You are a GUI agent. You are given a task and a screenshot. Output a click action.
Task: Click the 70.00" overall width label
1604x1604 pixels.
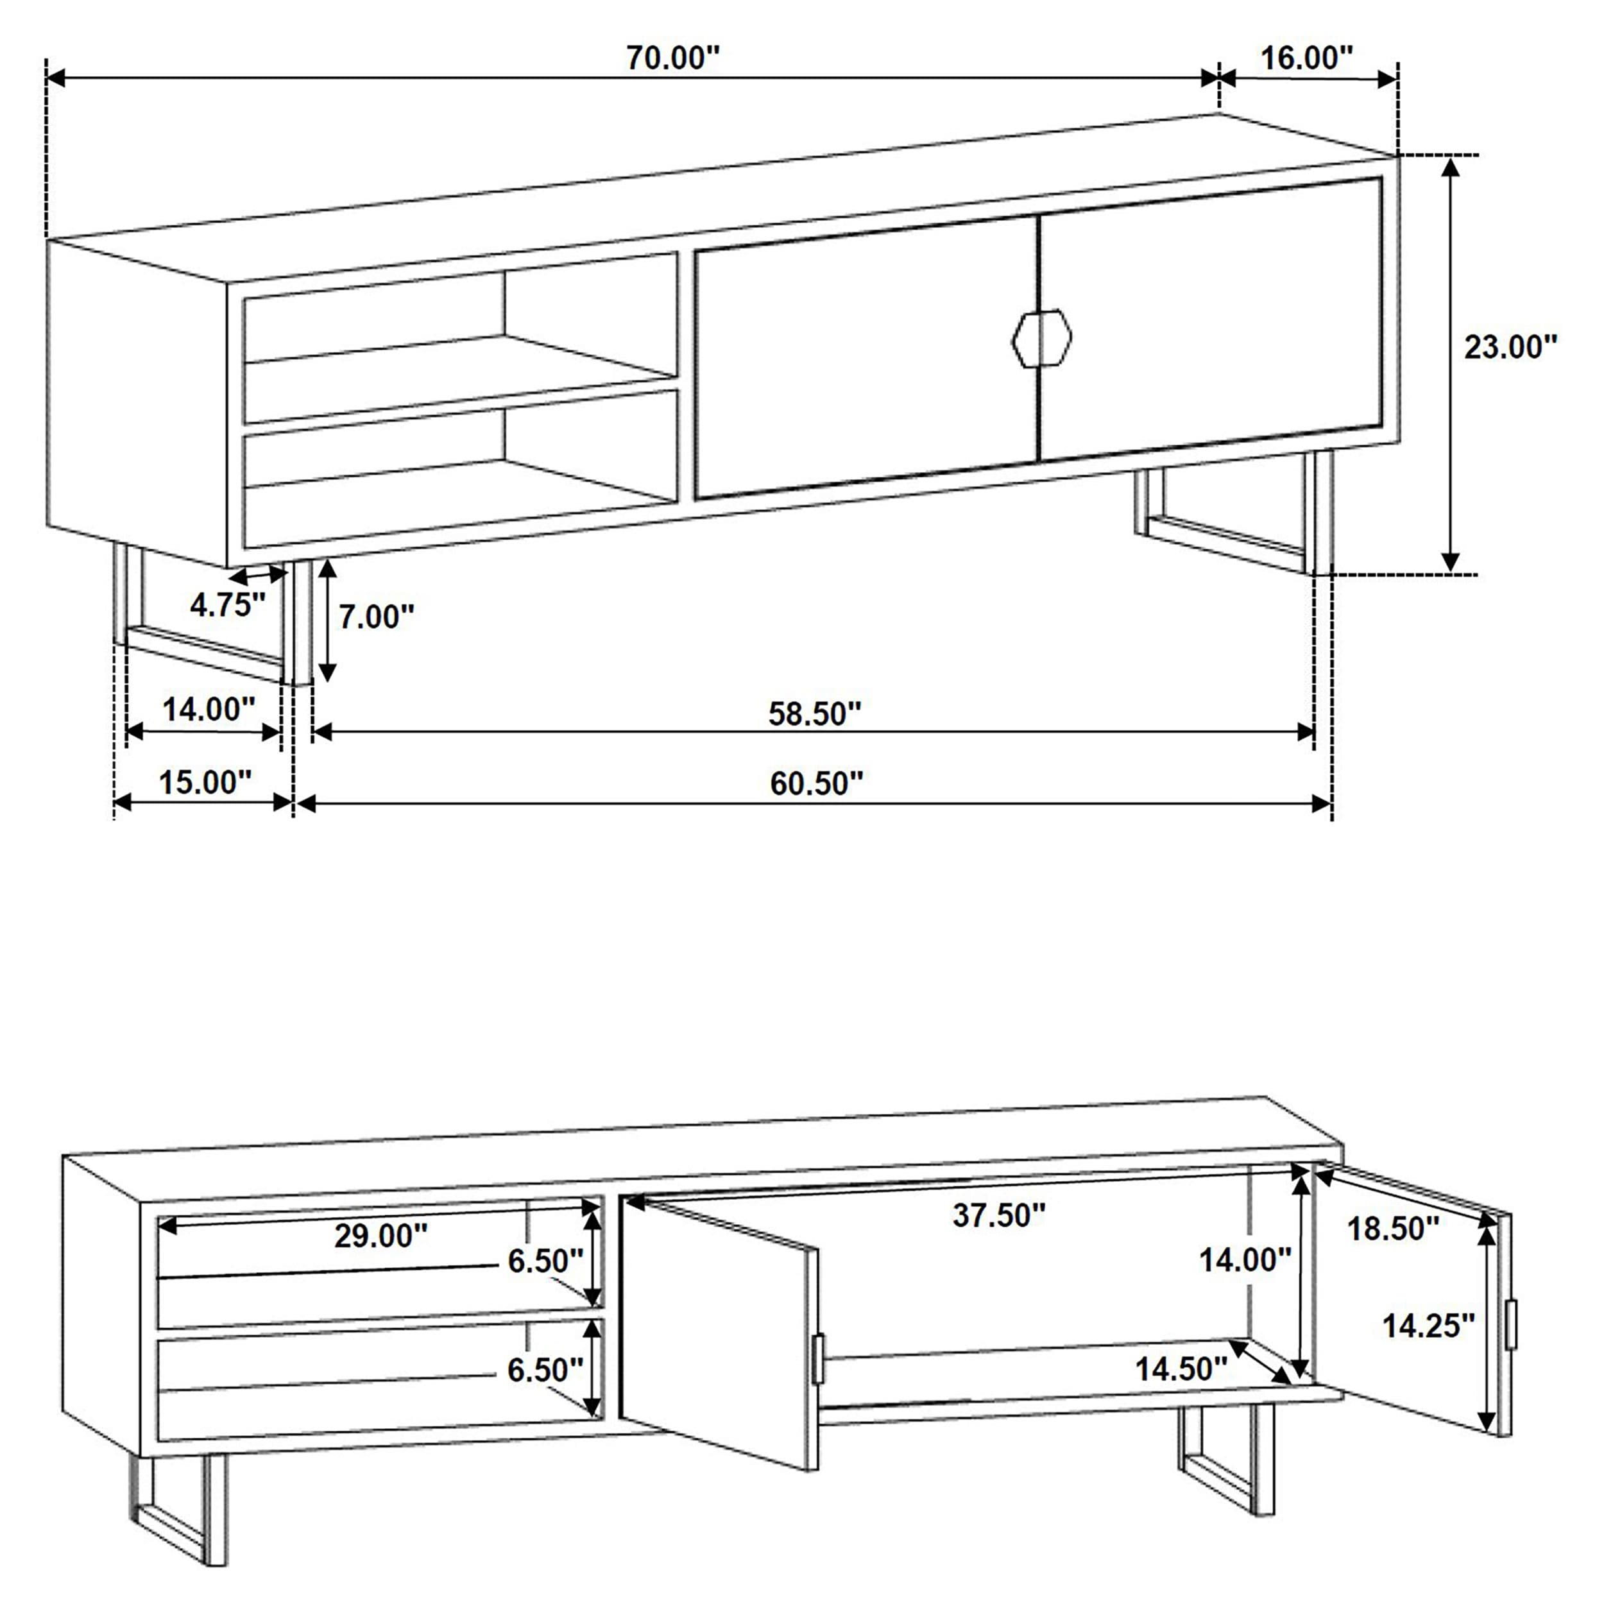coord(672,59)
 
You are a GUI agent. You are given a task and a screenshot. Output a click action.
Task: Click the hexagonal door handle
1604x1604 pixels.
coord(1042,338)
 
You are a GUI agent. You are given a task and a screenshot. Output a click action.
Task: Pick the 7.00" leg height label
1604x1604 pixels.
coord(376,617)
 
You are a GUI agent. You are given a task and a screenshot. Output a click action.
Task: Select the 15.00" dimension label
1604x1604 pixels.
coord(204,782)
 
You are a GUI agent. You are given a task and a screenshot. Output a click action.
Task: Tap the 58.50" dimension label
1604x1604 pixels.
coord(814,714)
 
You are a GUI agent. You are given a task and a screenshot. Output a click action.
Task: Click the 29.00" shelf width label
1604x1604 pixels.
coord(380,1236)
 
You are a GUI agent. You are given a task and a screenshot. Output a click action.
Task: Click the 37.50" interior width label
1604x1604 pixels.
coord(998,1215)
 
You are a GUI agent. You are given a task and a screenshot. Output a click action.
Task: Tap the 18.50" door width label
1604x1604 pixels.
coord(1392,1229)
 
